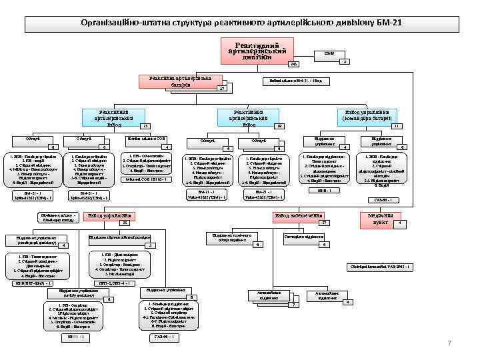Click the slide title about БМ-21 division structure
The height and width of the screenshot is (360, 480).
pyautogui.click(x=240, y=23)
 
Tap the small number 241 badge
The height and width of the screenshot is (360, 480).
pyautogui.click(x=291, y=65)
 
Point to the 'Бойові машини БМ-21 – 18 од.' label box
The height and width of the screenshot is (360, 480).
pyautogui.click(x=296, y=81)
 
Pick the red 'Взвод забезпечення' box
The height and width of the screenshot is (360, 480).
pyautogui.click(x=299, y=216)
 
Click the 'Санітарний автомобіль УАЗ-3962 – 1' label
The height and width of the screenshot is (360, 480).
pyautogui.click(x=381, y=267)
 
